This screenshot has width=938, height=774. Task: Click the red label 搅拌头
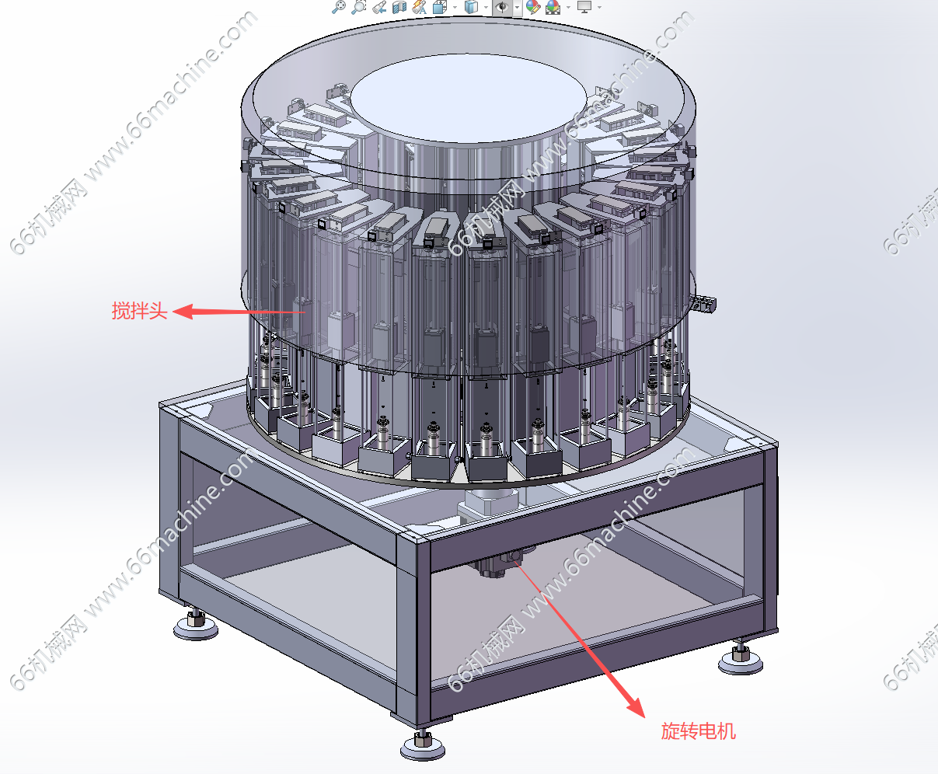[139, 311]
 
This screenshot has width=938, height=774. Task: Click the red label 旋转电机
[698, 731]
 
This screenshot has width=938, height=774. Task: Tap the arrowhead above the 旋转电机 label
[636, 706]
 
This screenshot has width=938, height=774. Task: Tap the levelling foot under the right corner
[741, 658]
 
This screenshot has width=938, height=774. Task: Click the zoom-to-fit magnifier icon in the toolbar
[339, 7]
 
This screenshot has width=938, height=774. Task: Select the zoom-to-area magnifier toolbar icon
[359, 7]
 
